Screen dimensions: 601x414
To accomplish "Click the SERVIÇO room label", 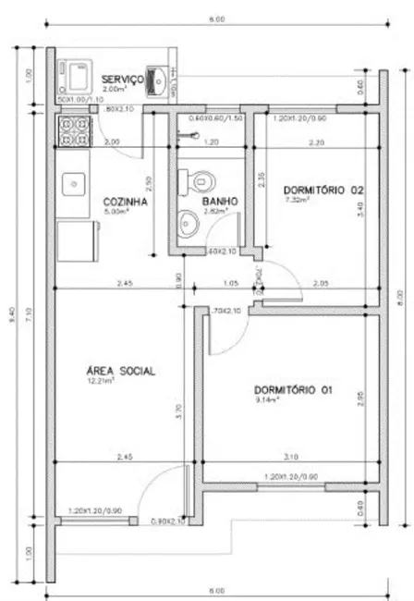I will pos(121,79).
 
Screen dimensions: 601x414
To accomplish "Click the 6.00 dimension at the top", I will pos(214,18).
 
